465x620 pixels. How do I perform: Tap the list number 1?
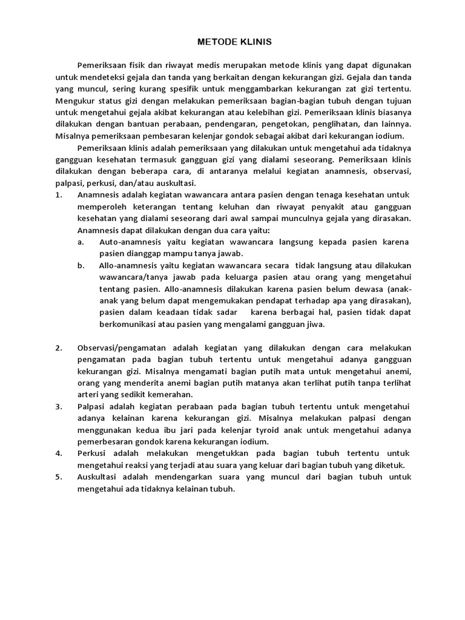[x=58, y=195]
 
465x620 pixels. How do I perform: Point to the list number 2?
[x=58, y=348]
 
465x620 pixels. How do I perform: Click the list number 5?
[x=58, y=477]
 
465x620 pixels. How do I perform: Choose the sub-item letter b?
[x=81, y=265]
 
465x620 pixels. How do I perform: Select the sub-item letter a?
[x=81, y=242]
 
